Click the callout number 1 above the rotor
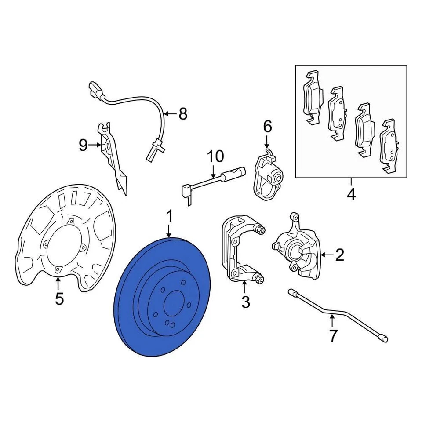pos(170,216)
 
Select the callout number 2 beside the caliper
pos(339,255)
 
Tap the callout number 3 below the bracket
pos(245,302)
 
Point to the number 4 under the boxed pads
pos(351,194)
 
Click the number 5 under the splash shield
pos(59,299)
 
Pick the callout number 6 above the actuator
pos(267,127)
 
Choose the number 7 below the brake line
pos(333,336)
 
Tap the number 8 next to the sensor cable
pos(182,114)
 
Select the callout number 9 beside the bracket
pos(83,145)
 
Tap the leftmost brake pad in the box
pos(313,98)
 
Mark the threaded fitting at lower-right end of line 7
pos(384,338)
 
